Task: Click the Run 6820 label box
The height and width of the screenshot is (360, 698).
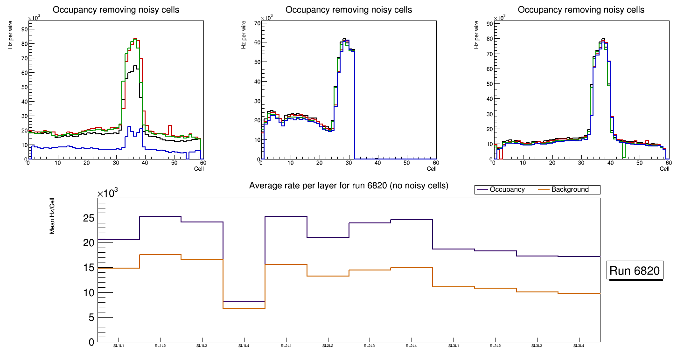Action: coord(635,271)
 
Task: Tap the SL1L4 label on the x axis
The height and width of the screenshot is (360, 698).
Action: coord(244,346)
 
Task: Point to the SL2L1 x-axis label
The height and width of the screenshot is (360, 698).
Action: coord(286,346)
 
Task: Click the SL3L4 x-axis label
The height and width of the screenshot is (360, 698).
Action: coord(579,346)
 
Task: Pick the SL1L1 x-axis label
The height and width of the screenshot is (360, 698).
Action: coord(119,346)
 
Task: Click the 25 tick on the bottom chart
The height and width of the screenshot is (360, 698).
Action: coord(89,218)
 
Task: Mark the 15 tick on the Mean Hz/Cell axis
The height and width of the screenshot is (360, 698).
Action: coord(89,268)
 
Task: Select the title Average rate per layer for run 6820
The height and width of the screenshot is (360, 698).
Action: coord(349,186)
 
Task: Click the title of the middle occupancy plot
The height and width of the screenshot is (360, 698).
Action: coord(349,9)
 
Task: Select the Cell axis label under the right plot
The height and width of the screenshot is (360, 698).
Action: coord(664,169)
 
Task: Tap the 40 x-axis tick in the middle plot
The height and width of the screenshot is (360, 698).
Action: coord(377,163)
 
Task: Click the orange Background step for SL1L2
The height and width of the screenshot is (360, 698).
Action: coord(160,255)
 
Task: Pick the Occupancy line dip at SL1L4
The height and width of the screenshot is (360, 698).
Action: coord(244,301)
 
